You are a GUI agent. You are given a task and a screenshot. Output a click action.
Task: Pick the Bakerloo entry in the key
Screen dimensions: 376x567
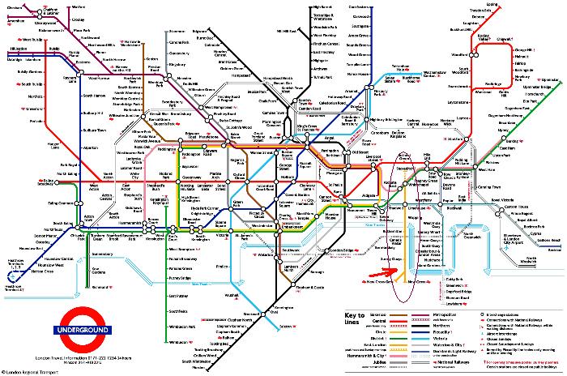(x=355, y=323)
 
